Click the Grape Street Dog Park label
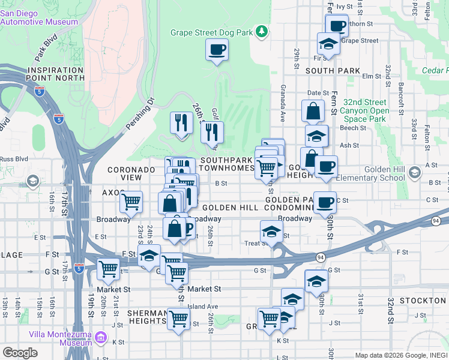point(211,32)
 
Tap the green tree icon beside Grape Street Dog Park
point(261,31)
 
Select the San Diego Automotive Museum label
point(39,17)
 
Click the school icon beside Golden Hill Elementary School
point(414,173)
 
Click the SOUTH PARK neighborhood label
point(332,71)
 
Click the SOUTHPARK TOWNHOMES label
point(228,164)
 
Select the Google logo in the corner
point(20,353)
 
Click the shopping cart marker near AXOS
point(131,202)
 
